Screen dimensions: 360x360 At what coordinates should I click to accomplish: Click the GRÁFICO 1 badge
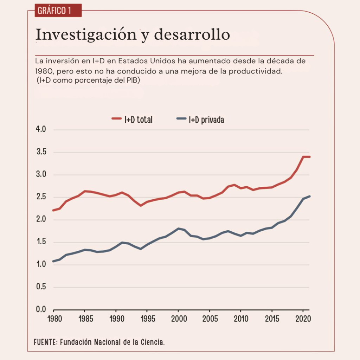coord(54,11)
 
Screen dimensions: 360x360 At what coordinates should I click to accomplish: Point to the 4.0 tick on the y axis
coord(41,130)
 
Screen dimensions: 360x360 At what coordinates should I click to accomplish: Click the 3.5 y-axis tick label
coord(41,152)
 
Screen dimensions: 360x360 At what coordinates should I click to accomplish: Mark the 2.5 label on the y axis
coord(41,197)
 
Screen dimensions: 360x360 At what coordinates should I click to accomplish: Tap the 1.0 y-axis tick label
coord(41,265)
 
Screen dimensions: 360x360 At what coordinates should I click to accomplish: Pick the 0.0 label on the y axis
coord(41,310)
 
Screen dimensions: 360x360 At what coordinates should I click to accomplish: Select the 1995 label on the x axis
coord(147,320)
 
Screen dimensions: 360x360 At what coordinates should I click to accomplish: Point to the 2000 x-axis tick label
coord(178,320)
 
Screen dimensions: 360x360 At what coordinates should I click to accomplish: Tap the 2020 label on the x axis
coord(303,320)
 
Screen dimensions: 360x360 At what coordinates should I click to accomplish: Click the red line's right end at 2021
coord(309,157)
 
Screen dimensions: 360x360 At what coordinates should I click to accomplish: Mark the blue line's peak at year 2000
coord(178,229)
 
